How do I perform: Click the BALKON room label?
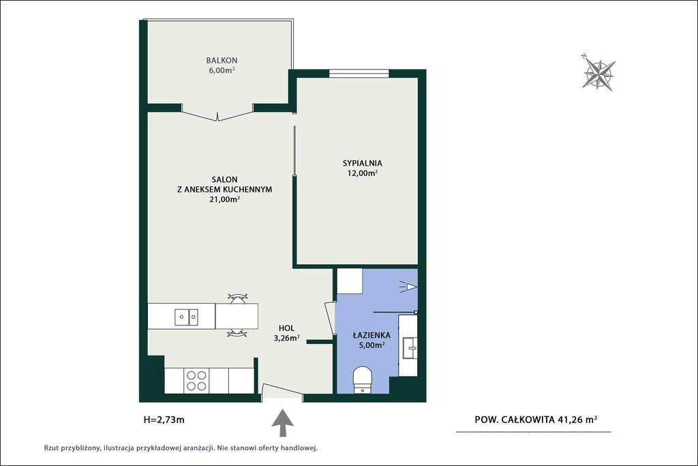(x=222, y=60)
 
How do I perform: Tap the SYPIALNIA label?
(x=363, y=163)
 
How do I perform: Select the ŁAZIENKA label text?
(x=371, y=334)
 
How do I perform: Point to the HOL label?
(x=287, y=328)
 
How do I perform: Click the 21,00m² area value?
(x=225, y=199)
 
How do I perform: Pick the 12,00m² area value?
(x=363, y=173)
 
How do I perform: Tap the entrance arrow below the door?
(x=283, y=423)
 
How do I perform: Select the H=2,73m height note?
(x=164, y=419)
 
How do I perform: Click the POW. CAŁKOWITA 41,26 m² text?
(x=536, y=419)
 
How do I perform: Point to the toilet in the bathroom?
(x=362, y=380)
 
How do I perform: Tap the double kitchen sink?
(x=187, y=317)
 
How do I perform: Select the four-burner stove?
(x=196, y=381)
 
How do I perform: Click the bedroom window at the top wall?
(x=359, y=74)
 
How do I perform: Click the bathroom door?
(x=331, y=318)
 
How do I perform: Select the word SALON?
(x=224, y=179)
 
